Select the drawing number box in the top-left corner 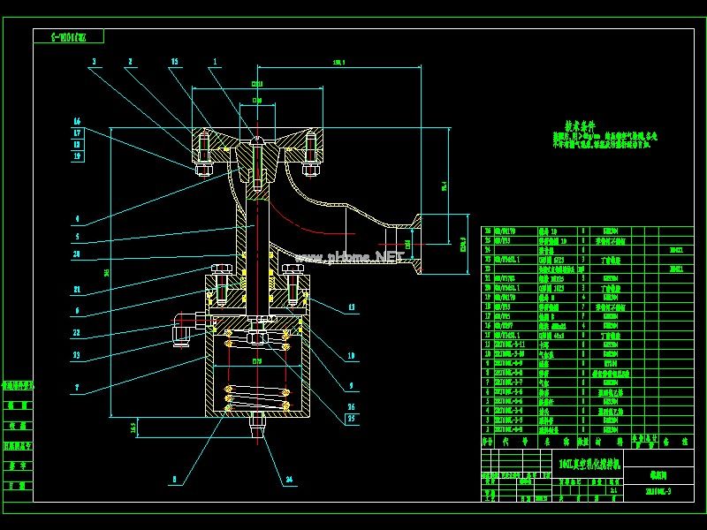(70, 36)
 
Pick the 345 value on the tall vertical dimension (107, 273)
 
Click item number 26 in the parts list (487, 231)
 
